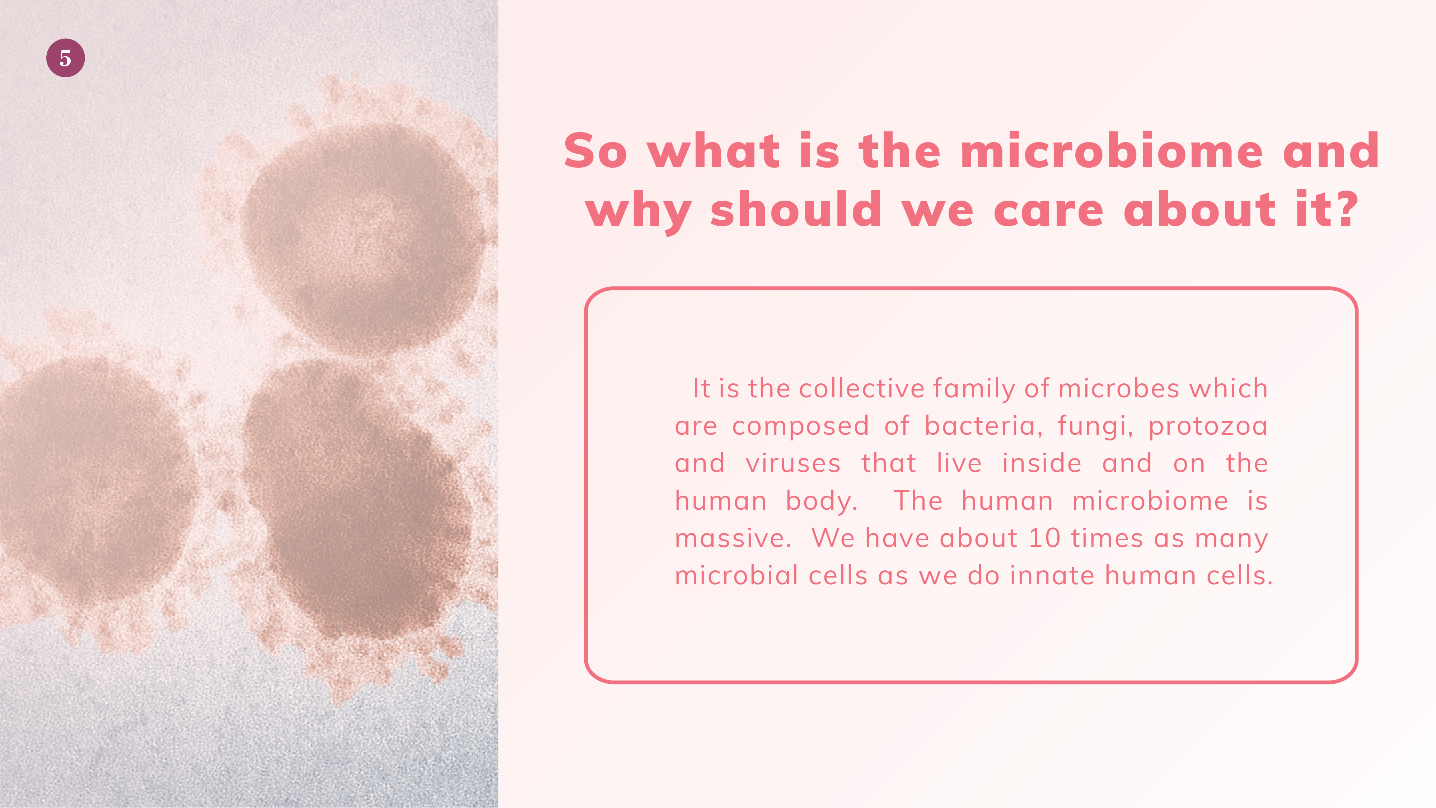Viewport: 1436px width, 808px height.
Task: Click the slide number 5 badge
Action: pos(65,58)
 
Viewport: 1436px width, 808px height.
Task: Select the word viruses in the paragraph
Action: pos(793,464)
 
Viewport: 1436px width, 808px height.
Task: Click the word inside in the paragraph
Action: pos(1042,463)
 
